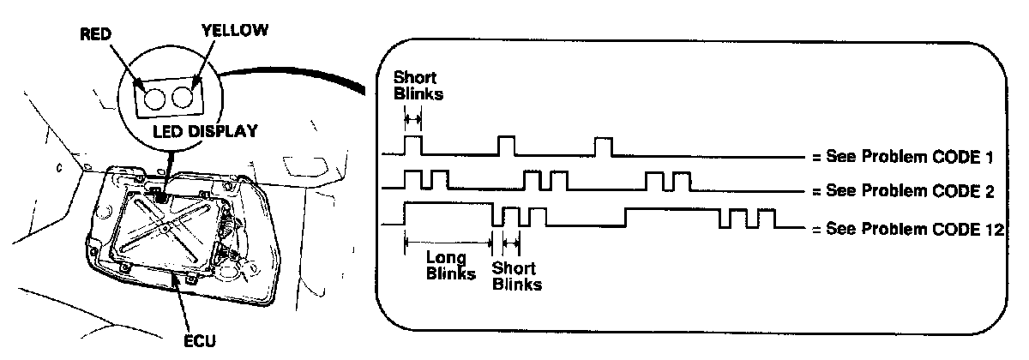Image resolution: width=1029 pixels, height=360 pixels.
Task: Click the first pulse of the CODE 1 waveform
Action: pyautogui.click(x=412, y=145)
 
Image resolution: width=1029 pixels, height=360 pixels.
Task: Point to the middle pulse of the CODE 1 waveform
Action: pyautogui.click(x=506, y=145)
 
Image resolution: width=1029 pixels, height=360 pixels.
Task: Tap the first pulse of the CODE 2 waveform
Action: pyautogui.click(x=412, y=180)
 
